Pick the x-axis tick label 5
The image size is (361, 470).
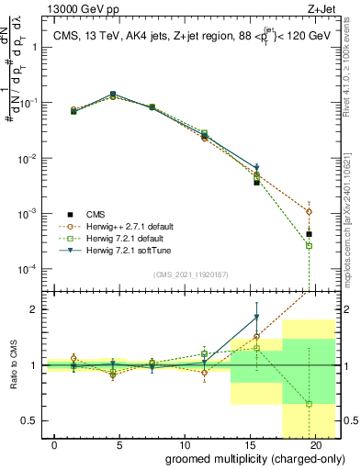(x=120, y=443)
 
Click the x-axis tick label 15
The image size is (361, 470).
(x=251, y=443)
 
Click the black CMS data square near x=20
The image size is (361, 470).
(x=310, y=234)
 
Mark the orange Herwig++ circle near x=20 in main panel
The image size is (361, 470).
(x=310, y=211)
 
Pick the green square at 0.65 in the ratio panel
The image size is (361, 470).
(x=310, y=404)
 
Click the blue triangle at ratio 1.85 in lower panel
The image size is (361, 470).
(x=257, y=318)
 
